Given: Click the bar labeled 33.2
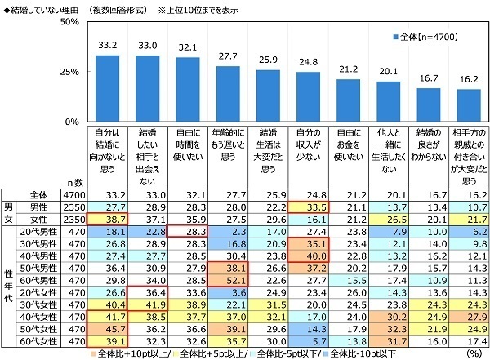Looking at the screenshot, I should pyautogui.click(x=108, y=88).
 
